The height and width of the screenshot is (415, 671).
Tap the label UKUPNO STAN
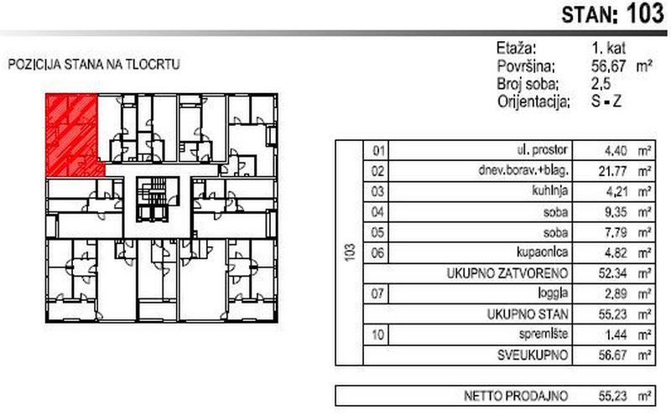[x=529, y=314]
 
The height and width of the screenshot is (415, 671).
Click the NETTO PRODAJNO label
[x=521, y=395]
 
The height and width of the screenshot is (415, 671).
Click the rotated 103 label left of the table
[x=348, y=252]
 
